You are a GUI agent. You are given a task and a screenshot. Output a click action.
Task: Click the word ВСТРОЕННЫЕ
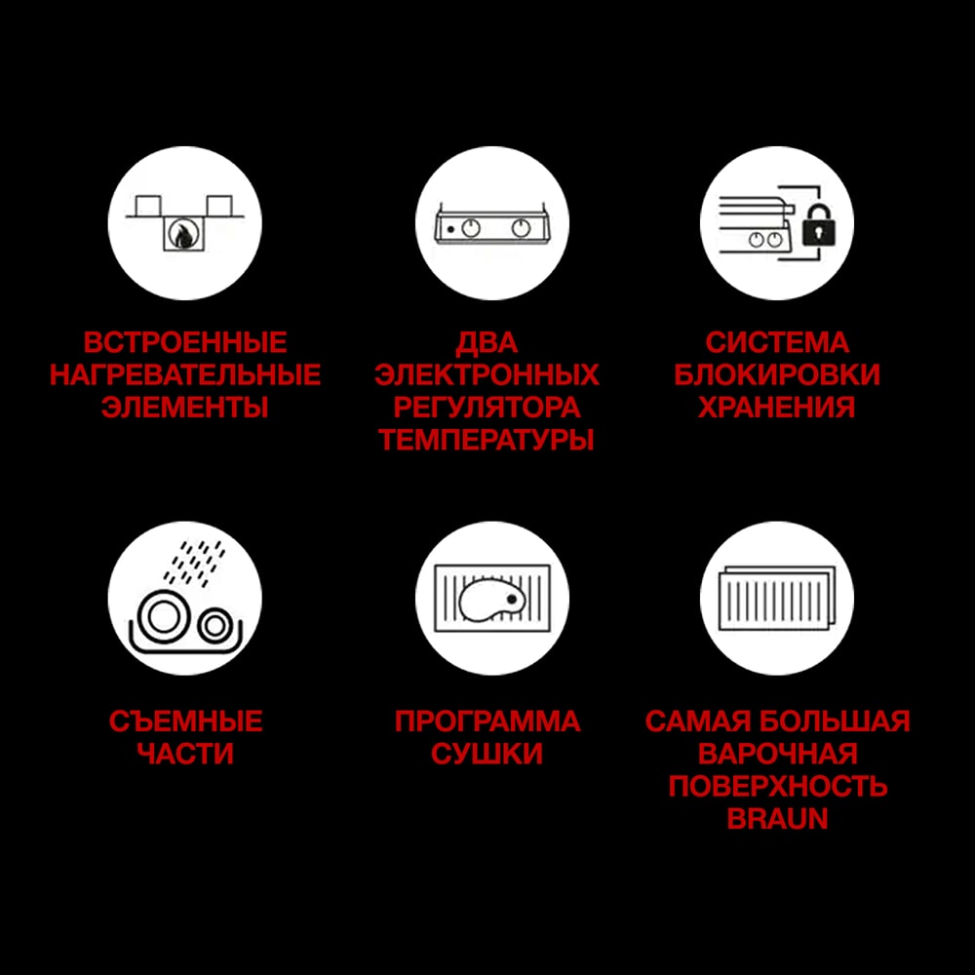point(185,343)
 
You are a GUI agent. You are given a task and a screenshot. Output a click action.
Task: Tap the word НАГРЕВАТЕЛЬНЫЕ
point(185,375)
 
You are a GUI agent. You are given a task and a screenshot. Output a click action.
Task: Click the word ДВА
point(487,343)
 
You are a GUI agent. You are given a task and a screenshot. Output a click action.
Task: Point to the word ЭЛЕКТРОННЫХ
point(487,375)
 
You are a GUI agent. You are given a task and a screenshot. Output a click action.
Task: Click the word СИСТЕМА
point(777,343)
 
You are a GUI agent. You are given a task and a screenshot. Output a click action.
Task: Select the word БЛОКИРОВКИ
point(777,375)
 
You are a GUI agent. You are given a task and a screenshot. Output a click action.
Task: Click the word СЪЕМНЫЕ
point(185,721)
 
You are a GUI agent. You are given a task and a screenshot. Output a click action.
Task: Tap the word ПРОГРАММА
point(487,721)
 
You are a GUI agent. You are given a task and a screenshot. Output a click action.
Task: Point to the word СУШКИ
point(487,754)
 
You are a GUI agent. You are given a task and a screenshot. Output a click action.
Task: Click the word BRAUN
point(777,818)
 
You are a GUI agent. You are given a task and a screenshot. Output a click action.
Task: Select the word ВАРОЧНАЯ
point(777,754)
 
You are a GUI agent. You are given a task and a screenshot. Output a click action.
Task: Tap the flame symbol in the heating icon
point(180,235)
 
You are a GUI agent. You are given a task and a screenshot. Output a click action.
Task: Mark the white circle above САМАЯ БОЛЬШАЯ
point(777,598)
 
